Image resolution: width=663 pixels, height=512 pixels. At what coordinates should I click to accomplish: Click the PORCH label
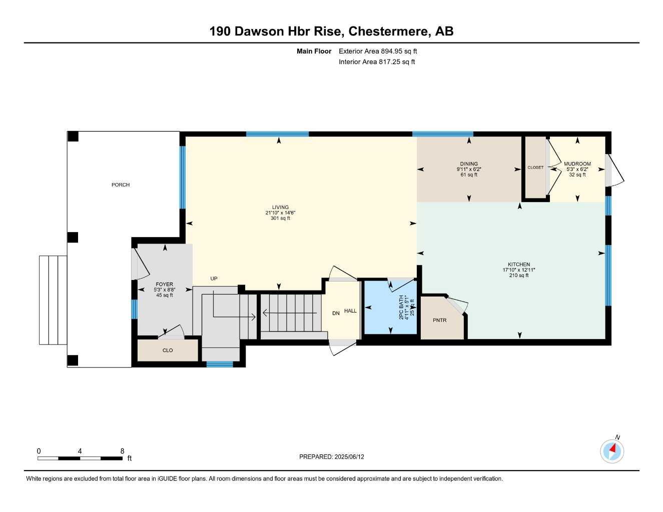(121, 185)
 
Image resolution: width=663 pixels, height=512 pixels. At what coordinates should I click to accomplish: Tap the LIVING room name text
(280, 207)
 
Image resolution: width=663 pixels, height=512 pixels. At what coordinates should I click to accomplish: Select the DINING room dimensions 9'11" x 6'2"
(469, 169)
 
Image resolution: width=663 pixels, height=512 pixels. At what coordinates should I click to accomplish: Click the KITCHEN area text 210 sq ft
(519, 275)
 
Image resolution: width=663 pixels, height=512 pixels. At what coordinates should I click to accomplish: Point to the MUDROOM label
(577, 164)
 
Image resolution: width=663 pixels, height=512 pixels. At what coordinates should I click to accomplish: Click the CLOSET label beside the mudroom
(535, 167)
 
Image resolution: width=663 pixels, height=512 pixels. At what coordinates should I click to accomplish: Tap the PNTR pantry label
(439, 320)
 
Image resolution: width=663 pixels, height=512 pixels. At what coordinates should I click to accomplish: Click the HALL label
(350, 311)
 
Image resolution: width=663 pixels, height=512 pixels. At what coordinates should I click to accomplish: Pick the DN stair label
(336, 313)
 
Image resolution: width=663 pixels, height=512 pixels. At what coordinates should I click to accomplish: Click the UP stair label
(214, 279)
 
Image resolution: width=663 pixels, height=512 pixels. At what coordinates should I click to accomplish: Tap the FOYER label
(164, 284)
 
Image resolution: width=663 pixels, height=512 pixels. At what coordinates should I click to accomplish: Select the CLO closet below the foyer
(168, 350)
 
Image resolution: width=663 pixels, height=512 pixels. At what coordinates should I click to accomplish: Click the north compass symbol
(612, 451)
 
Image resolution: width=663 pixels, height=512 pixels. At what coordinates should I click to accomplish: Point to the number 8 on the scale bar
(122, 451)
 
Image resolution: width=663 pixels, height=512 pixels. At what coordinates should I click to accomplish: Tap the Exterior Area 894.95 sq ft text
(378, 51)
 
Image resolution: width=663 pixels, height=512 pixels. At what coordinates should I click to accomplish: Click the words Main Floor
(314, 51)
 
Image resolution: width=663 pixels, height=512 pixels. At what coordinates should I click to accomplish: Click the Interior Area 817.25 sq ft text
(377, 62)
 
